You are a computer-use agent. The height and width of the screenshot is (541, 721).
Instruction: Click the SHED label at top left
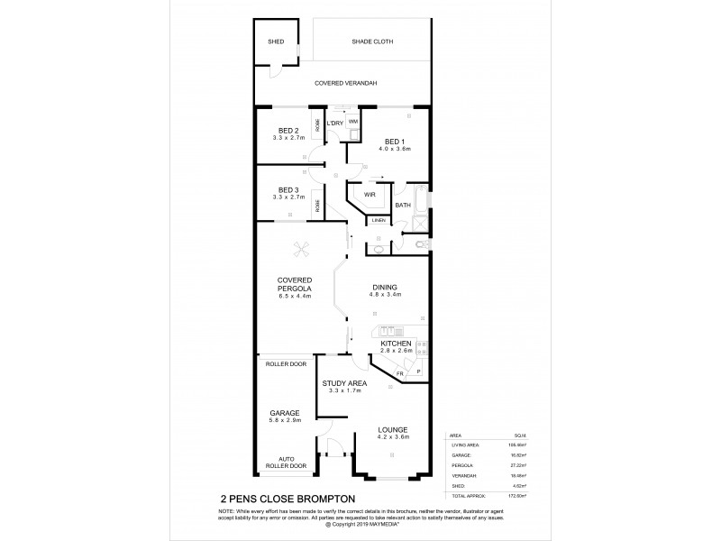[275, 41]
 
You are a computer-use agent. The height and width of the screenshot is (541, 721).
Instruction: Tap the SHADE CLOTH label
[370, 41]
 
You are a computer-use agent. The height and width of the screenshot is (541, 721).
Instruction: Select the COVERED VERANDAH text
[345, 83]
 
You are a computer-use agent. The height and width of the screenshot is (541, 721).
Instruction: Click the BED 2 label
[287, 132]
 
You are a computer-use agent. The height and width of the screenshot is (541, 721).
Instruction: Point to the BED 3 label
[287, 189]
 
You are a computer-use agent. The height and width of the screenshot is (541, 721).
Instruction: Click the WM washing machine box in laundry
[353, 120]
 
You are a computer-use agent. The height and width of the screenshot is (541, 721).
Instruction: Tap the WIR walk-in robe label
[370, 194]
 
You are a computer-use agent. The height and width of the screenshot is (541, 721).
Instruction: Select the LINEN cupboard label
[378, 220]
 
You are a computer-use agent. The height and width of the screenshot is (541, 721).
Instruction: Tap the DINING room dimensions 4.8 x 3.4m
[385, 295]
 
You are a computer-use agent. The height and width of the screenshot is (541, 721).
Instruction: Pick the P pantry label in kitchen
[417, 371]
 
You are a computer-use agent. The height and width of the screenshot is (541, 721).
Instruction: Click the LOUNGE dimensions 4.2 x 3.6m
[393, 437]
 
